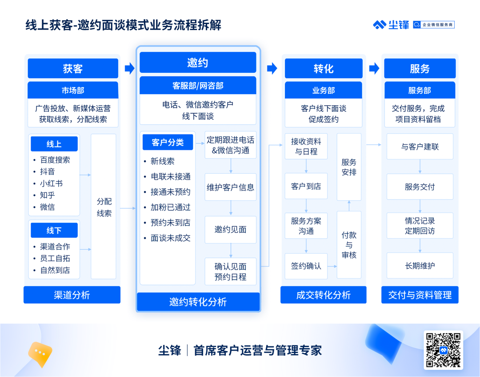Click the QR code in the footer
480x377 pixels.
pyautogui.click(x=443, y=350)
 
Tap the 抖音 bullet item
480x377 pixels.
pyautogui.click(x=48, y=171)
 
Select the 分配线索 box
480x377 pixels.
pyautogui.click(x=104, y=206)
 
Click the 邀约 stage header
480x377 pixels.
pyautogui.click(x=198, y=62)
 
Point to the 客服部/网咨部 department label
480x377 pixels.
pyautogui.click(x=198, y=86)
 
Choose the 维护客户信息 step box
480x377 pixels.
pyautogui.click(x=231, y=187)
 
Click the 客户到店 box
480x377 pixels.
pyautogui.click(x=306, y=186)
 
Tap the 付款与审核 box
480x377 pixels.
pyautogui.click(x=349, y=245)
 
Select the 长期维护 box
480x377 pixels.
pyautogui.click(x=420, y=266)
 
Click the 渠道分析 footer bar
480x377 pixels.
pyautogui.click(x=72, y=295)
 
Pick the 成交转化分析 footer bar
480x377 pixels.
pyautogui.click(x=323, y=295)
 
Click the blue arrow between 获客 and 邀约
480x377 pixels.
pyautogui.click(x=129, y=68)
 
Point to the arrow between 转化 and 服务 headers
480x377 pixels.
pyautogui.click(x=374, y=68)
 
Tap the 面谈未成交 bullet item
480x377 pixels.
pyautogui.click(x=171, y=238)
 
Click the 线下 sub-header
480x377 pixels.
pyautogui.click(x=54, y=230)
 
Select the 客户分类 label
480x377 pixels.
pyautogui.click(x=168, y=142)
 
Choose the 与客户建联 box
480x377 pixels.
pyautogui.click(x=420, y=147)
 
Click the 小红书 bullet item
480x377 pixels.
pyautogui.click(x=52, y=183)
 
